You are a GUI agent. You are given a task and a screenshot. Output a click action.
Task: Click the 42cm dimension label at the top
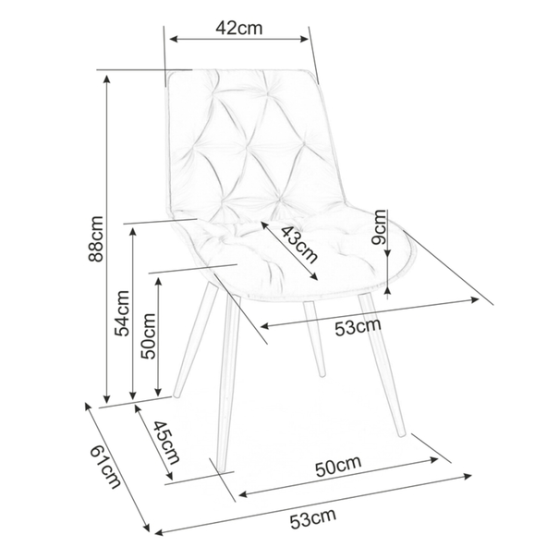coord(239,28)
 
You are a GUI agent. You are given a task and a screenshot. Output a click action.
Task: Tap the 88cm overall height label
coord(95,239)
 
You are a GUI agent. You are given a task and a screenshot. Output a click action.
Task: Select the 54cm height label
coord(122,314)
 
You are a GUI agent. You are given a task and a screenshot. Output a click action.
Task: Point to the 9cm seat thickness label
coord(379,227)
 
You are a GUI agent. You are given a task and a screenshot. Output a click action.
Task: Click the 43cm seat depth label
coord(299,245)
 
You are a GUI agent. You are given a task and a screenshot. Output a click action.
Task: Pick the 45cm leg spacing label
coord(166,443)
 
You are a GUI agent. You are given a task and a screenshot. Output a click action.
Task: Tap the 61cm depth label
coord(105,468)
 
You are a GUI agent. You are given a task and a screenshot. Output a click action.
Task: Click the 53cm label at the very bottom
coord(312,519)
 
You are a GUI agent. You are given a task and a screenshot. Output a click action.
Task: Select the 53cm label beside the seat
coord(358,327)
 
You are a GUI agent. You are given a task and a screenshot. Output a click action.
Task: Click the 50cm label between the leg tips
coord(338,467)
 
